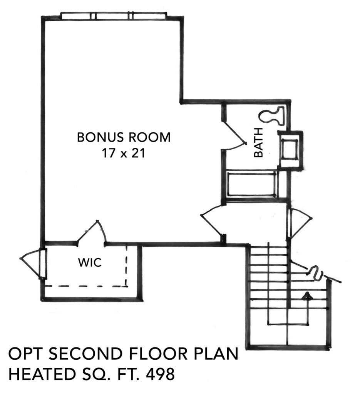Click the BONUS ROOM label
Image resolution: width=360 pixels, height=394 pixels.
coord(124,137)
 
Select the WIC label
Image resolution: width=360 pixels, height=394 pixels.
coord(90,263)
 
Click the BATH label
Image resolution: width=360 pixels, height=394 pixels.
coord(258,142)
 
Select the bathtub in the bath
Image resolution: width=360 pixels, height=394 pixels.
coord(252,185)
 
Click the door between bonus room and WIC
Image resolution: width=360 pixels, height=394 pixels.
coord(92,233)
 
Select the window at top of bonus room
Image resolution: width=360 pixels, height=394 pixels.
coord(114,16)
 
